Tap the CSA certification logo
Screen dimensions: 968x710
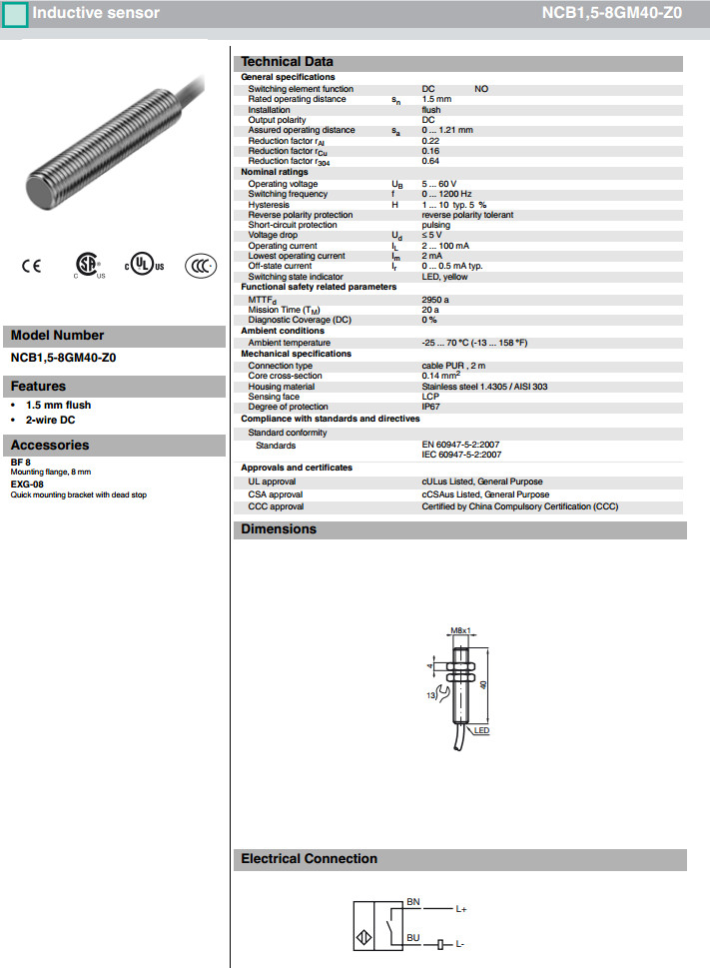tap(89, 265)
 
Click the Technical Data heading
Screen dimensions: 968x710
tap(288, 62)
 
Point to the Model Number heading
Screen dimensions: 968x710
tap(57, 336)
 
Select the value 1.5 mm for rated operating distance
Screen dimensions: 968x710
tap(436, 99)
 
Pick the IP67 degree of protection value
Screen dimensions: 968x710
tap(430, 407)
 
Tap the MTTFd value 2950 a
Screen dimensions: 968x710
tap(435, 299)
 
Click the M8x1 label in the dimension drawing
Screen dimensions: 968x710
tap(460, 631)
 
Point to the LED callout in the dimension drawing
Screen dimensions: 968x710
tap(482, 731)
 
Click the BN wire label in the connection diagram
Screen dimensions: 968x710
tap(413, 902)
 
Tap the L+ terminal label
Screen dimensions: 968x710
tap(461, 909)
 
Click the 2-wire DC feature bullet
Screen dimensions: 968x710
tap(51, 420)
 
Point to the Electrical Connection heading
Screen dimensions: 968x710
tap(310, 859)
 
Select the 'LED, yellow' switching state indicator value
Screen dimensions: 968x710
tap(444, 277)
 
